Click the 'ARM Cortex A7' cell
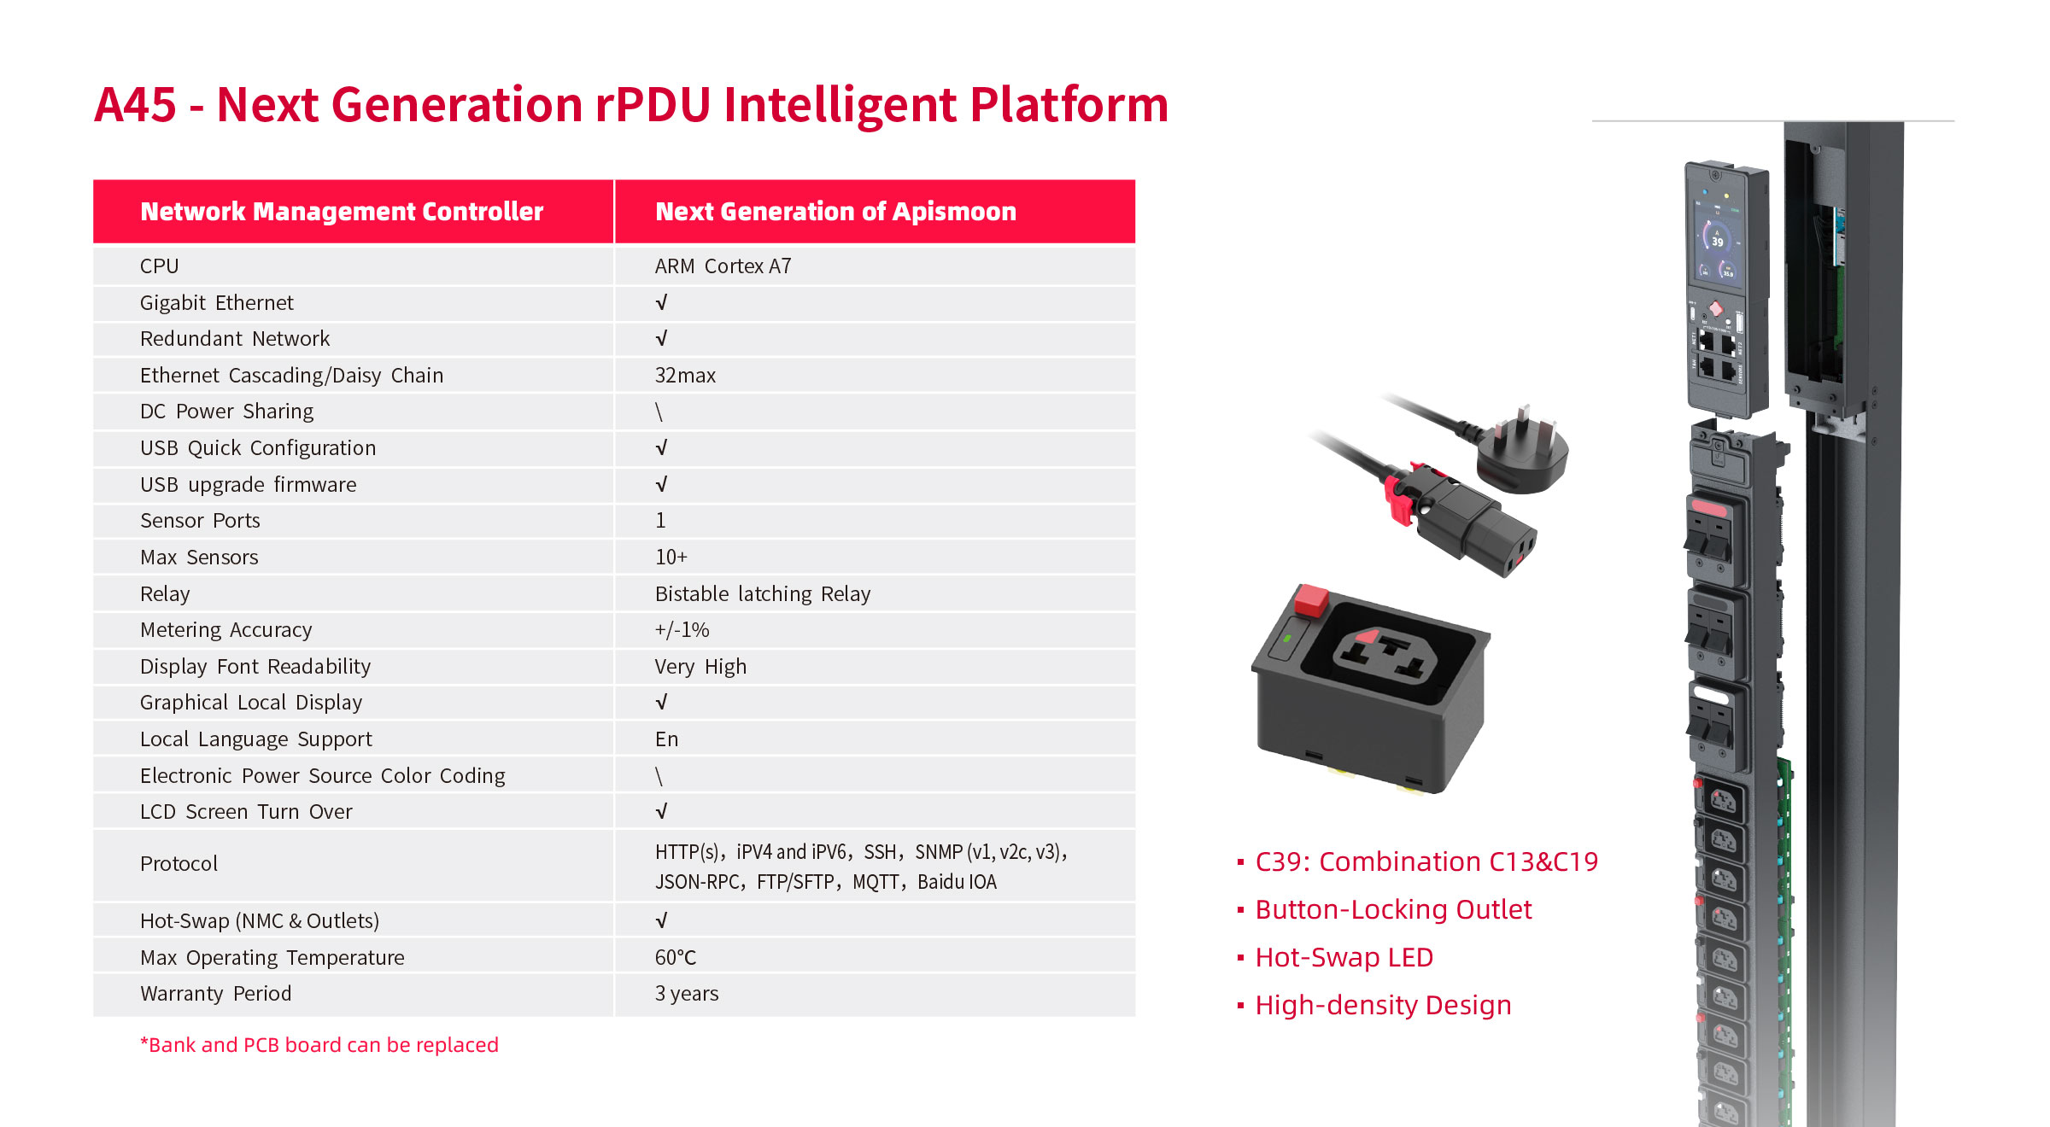coord(723,266)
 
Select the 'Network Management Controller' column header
coord(342,212)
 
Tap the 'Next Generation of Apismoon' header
coord(835,212)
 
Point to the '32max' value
coord(685,376)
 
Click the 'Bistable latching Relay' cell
coord(763,594)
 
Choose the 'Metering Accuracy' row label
coord(226,630)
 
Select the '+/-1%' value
coord(682,630)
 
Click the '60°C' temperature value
coord(676,958)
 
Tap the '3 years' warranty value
coord(687,994)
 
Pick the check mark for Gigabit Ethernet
coord(661,303)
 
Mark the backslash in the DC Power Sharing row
coord(659,412)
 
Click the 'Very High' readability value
coord(700,667)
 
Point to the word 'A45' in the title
coord(135,105)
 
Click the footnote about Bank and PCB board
coord(319,1045)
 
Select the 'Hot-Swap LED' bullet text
coord(1344,958)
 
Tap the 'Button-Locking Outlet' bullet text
coord(1393,910)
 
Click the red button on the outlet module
coord(1311,599)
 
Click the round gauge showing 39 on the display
coord(1717,239)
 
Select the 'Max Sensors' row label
coord(199,558)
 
